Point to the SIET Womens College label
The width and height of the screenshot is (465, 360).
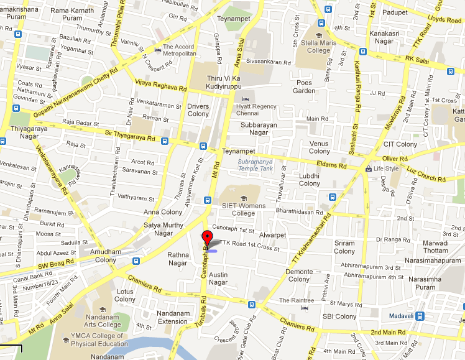pyautogui.click(x=243, y=210)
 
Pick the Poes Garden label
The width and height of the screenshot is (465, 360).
pyautogui.click(x=305, y=86)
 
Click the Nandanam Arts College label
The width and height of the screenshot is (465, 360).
pyautogui.click(x=103, y=320)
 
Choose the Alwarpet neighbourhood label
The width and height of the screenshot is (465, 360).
pyautogui.click(x=272, y=236)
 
